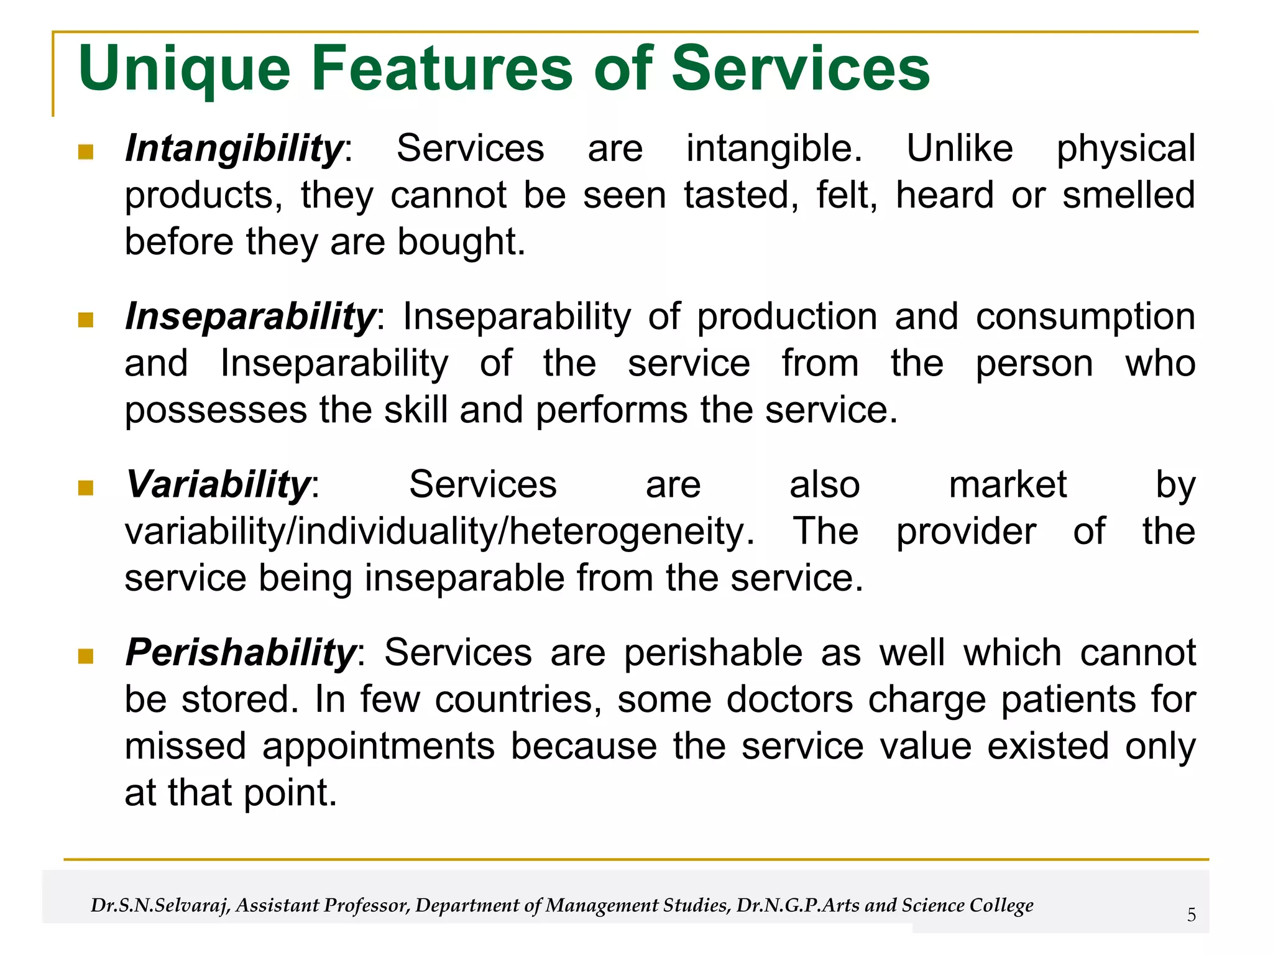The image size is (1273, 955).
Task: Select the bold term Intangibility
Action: tap(234, 149)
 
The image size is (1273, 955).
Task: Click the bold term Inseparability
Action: tap(250, 316)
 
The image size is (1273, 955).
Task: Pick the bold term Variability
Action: tap(218, 484)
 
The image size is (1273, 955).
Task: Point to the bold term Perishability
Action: tap(241, 653)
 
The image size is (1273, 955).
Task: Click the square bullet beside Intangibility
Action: tap(86, 152)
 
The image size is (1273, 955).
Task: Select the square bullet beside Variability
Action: tap(86, 487)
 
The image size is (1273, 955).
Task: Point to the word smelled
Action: tap(1128, 195)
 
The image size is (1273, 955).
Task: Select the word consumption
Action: tap(1085, 316)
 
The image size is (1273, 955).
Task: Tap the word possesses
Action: tap(216, 411)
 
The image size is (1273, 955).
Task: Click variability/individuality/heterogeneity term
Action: tap(439, 532)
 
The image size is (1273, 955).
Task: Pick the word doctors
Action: tap(789, 699)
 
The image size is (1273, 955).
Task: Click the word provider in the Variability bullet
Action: tap(965, 532)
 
